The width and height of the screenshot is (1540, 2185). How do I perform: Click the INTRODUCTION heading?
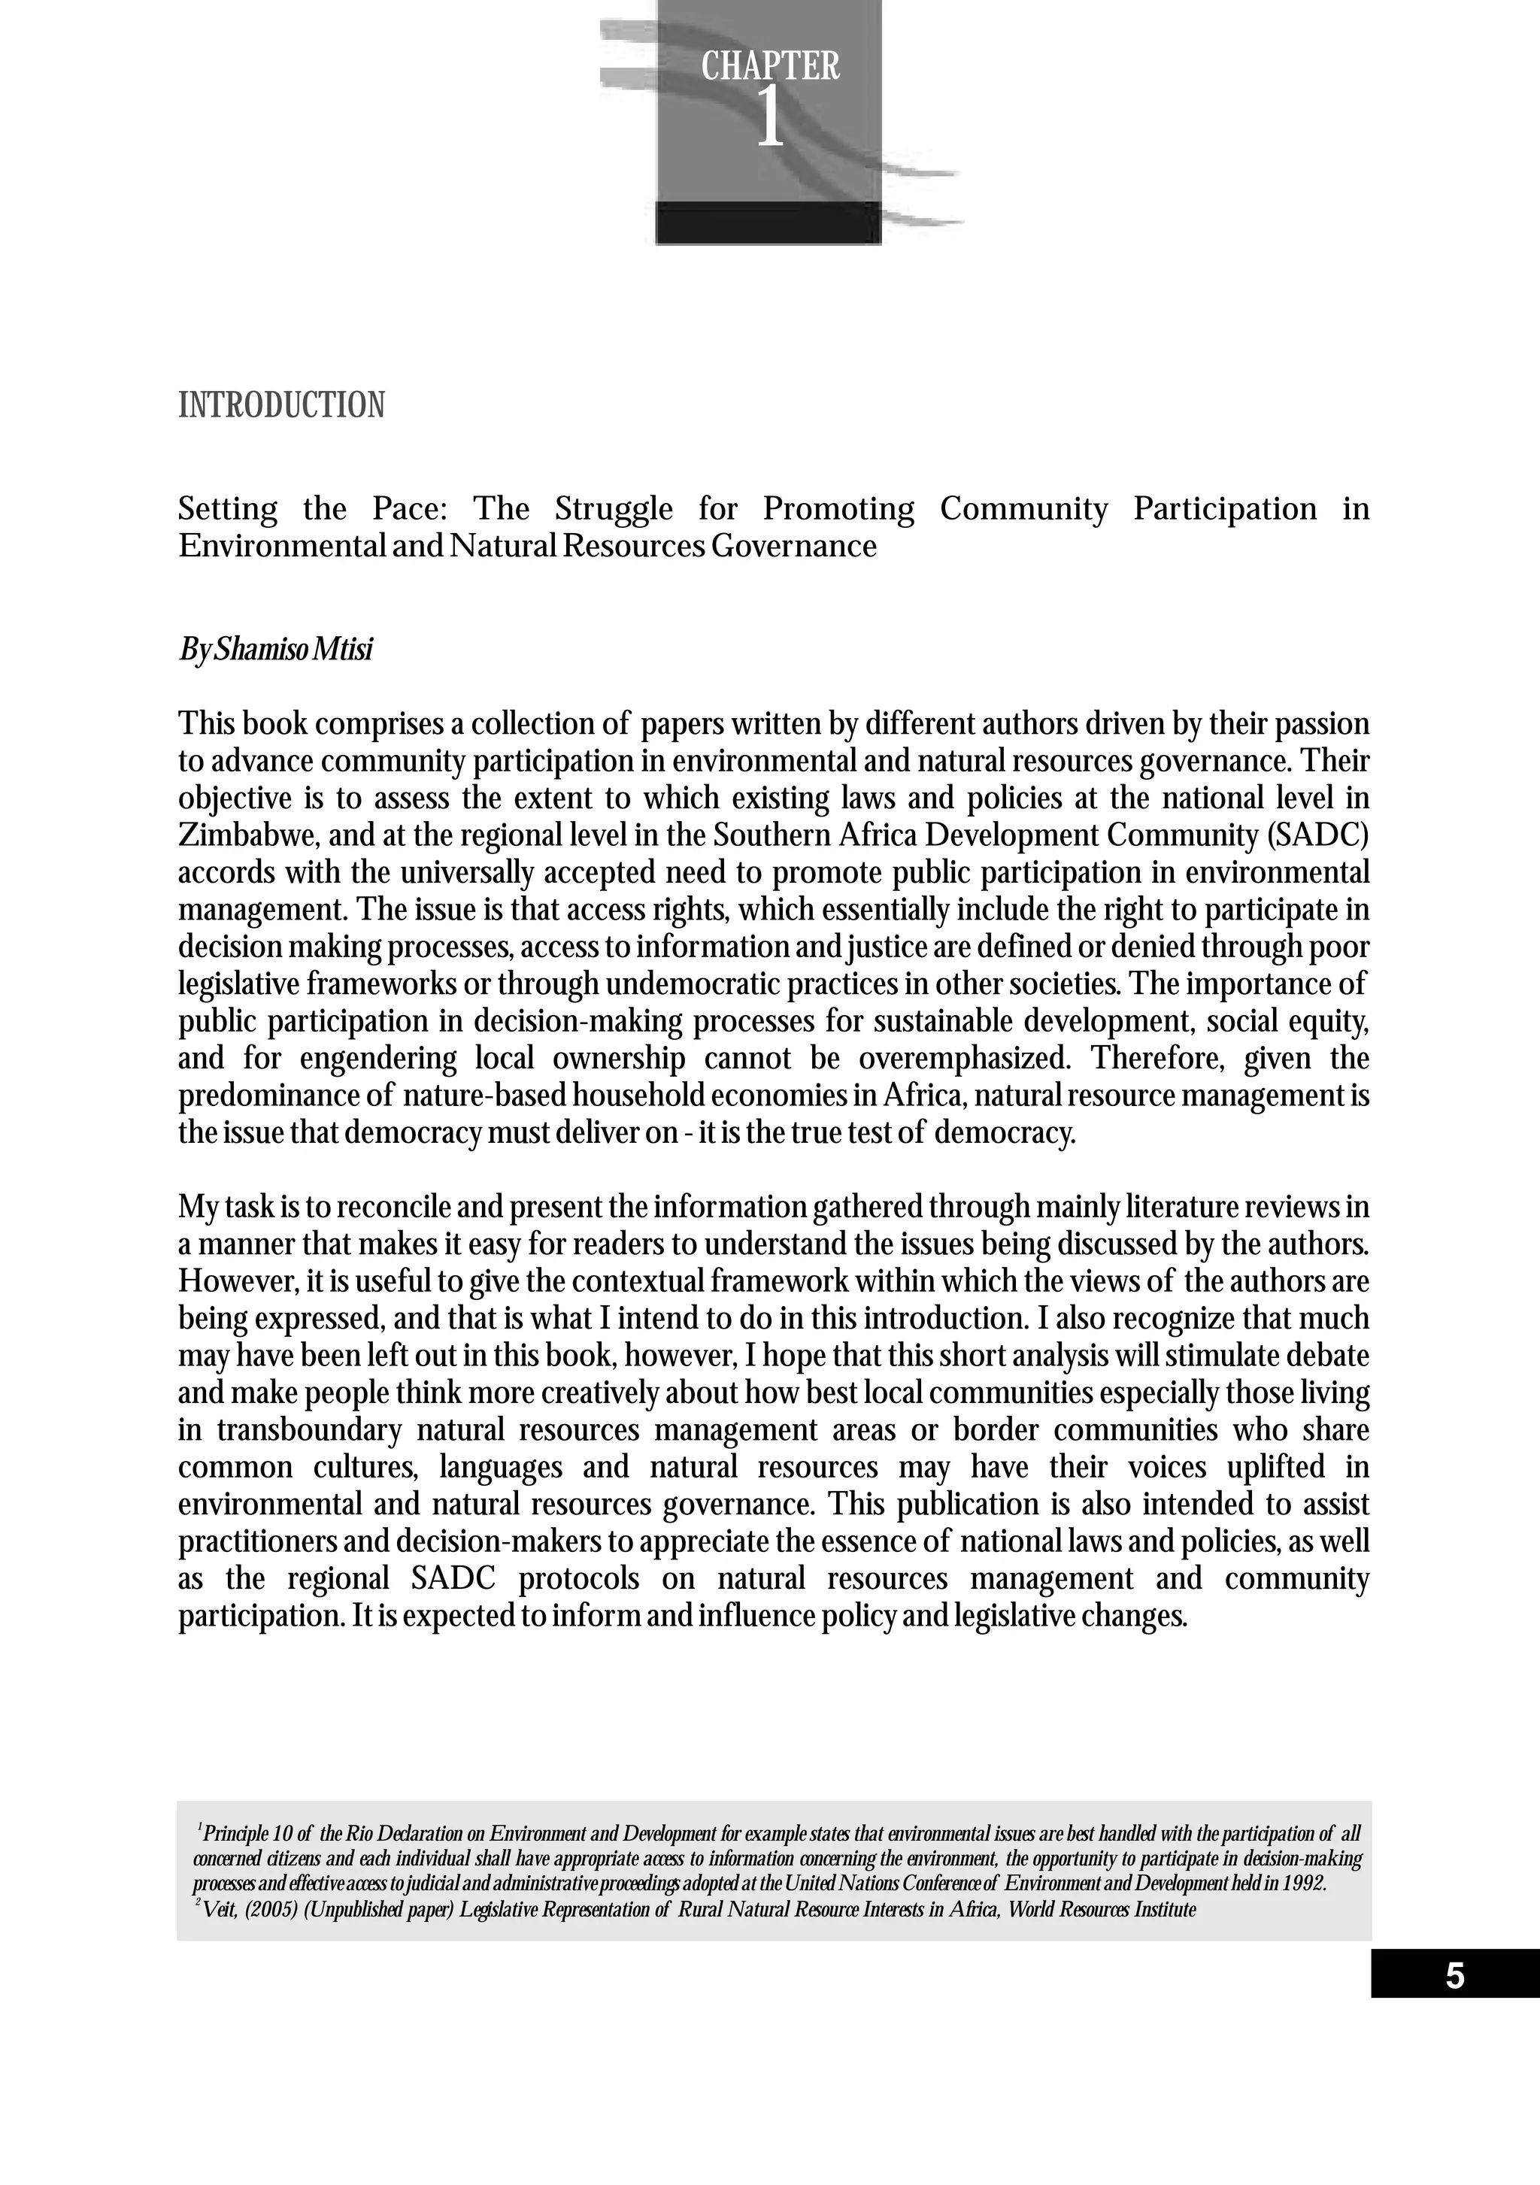click(282, 405)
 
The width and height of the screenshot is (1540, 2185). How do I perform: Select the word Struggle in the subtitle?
click(613, 509)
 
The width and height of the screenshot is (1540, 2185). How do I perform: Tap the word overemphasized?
click(963, 1058)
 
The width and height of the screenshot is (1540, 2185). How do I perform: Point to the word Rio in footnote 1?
click(362, 1834)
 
